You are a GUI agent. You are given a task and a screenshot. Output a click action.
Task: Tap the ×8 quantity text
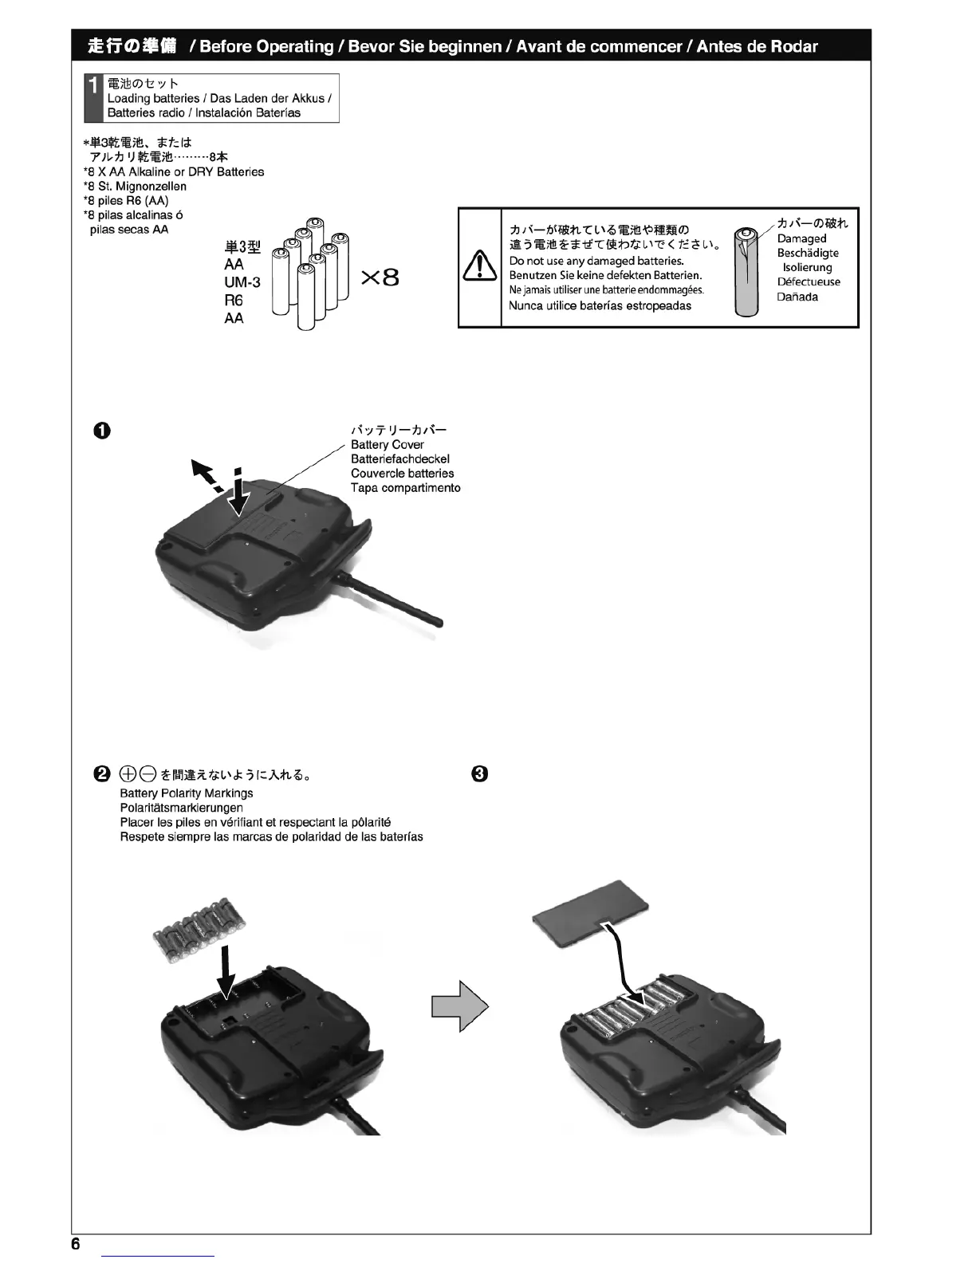(380, 277)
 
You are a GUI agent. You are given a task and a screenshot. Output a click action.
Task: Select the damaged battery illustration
(747, 272)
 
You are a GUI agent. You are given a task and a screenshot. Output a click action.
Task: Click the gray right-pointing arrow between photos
(458, 1005)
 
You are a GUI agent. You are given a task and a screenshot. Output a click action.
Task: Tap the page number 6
(76, 1245)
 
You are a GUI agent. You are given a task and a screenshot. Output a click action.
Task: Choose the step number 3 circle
(478, 773)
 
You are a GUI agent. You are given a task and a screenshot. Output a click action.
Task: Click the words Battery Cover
(388, 445)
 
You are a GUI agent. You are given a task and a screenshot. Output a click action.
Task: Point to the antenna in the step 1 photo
(391, 598)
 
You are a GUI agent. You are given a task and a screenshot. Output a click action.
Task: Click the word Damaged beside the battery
(801, 238)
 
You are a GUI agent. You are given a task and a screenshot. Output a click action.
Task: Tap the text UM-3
(242, 282)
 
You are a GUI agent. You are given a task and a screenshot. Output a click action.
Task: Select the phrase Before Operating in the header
(266, 46)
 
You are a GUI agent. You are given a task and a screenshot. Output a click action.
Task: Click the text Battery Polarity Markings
(187, 793)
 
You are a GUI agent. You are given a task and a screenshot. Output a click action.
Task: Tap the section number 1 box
(94, 98)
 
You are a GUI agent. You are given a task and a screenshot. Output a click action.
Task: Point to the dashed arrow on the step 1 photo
(206, 478)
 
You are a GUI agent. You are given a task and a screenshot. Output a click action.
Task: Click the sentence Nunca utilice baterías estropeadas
(600, 306)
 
